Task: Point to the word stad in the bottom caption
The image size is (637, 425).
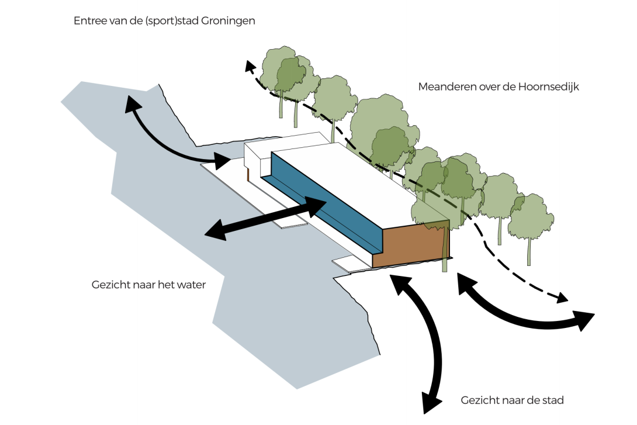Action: (x=553, y=400)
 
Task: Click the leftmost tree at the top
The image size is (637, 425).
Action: (x=281, y=73)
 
